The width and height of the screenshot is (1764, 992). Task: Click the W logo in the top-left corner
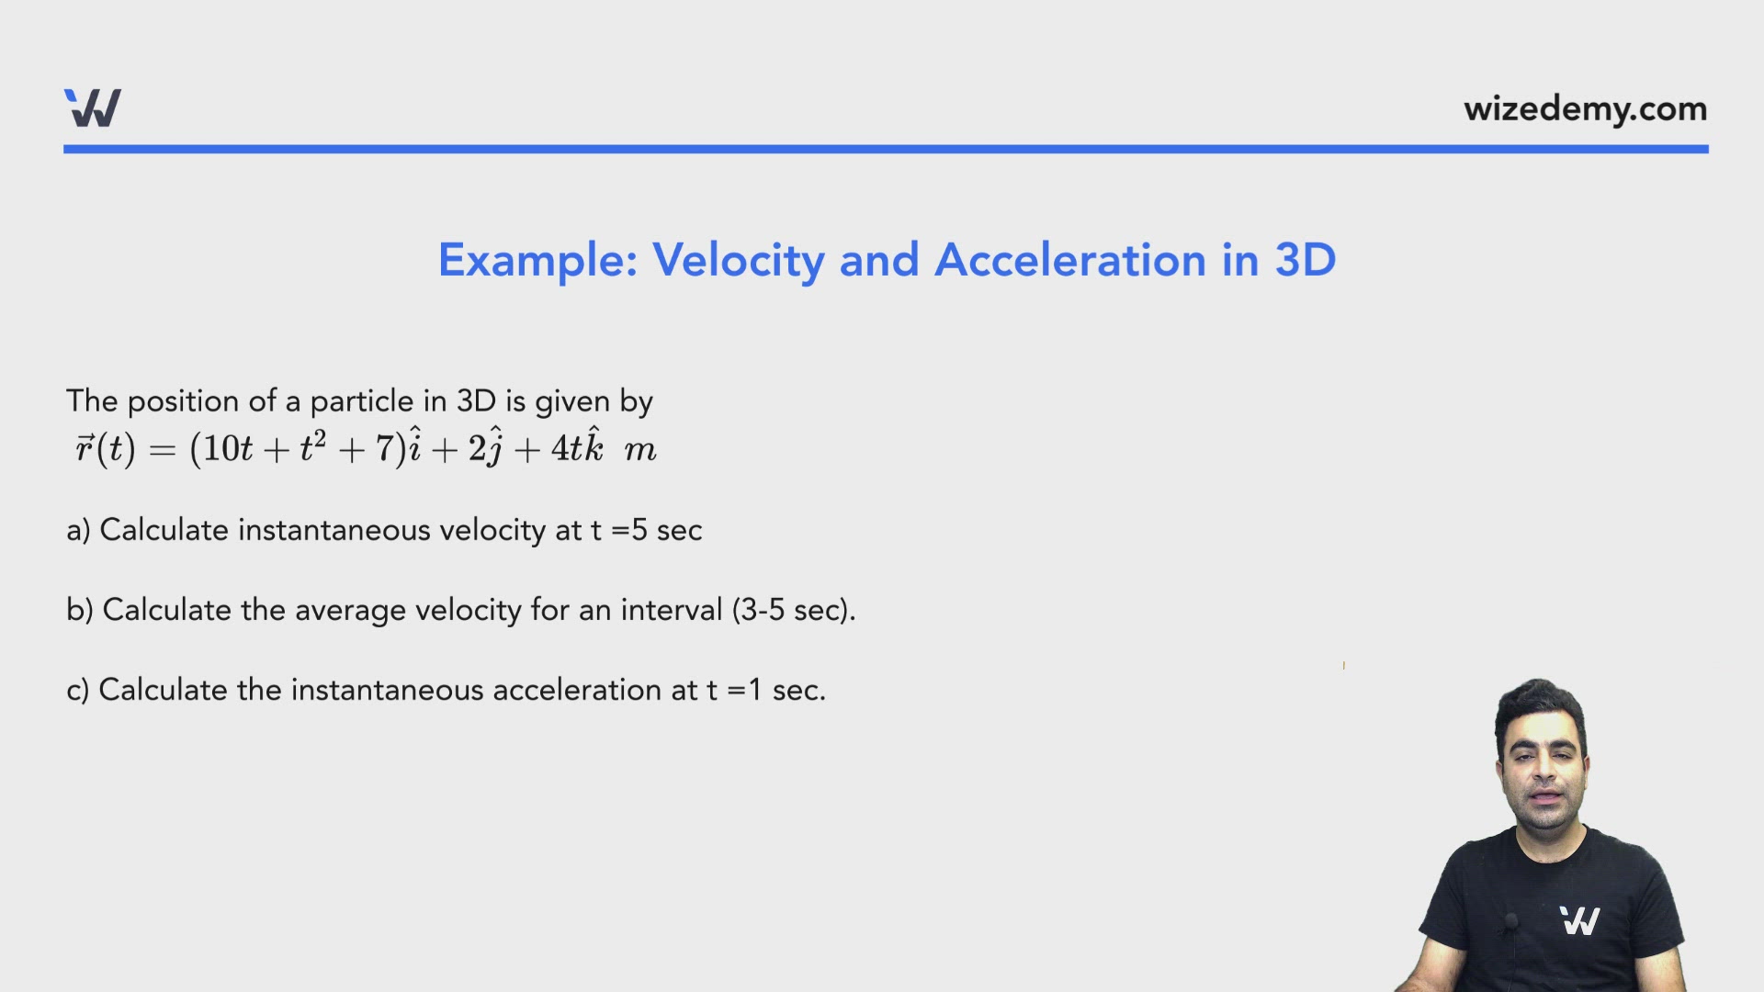click(x=93, y=108)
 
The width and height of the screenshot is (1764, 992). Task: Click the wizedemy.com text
click(x=1585, y=109)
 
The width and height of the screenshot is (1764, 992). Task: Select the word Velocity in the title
click(x=739, y=261)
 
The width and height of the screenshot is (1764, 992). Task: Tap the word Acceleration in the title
click(x=1069, y=260)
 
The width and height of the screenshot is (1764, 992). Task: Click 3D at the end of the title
click(x=1305, y=260)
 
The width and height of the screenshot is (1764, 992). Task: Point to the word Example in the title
click(x=537, y=261)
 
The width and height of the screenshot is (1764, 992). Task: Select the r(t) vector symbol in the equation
click(x=105, y=448)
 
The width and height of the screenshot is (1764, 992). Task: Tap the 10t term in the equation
click(x=227, y=448)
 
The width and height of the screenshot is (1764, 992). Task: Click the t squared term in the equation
click(x=312, y=446)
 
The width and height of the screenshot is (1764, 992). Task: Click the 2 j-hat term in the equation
click(x=485, y=447)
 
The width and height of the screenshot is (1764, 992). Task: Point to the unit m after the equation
click(x=640, y=450)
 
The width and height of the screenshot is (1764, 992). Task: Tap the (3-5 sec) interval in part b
click(x=793, y=610)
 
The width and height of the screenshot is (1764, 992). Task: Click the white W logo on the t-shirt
click(x=1579, y=920)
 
